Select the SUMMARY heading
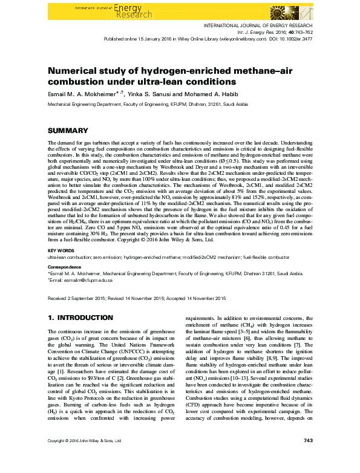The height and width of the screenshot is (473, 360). [68, 130]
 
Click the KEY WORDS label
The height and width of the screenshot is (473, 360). [61, 250]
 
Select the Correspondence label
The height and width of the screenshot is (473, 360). [65, 266]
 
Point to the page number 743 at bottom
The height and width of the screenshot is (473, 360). [307, 457]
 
